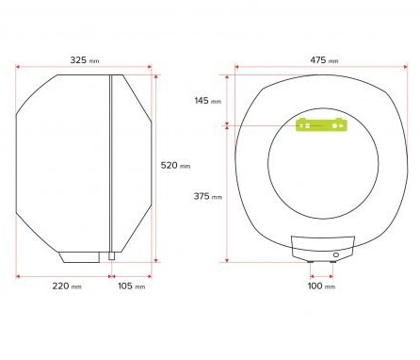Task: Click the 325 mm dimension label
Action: click(x=85, y=60)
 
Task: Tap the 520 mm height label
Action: click(x=175, y=165)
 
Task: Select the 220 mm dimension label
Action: click(x=67, y=286)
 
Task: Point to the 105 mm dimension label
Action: click(x=132, y=286)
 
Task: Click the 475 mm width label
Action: click(x=324, y=60)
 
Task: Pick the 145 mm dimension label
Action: click(x=208, y=101)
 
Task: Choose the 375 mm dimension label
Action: click(x=208, y=196)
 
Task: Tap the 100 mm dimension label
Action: click(x=321, y=286)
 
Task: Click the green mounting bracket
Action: click(x=321, y=124)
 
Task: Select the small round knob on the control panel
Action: click(x=336, y=254)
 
